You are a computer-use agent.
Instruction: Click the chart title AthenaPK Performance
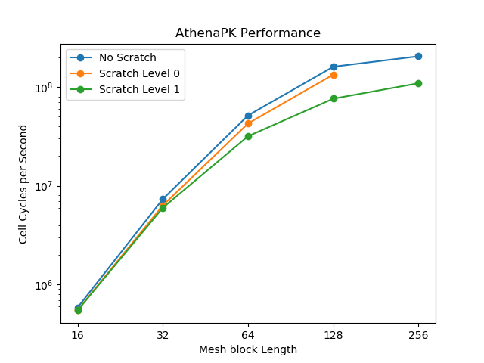pyautogui.click(x=248, y=33)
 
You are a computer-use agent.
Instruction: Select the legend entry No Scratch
pyautogui.click(x=127, y=58)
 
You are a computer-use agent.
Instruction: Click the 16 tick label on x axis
pyautogui.click(x=77, y=335)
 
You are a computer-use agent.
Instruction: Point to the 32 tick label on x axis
pyautogui.click(x=163, y=335)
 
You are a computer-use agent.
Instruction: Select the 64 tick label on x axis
pyautogui.click(x=248, y=335)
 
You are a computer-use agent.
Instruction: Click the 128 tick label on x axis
pyautogui.click(x=334, y=335)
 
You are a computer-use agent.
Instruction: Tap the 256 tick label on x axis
pyautogui.click(x=418, y=335)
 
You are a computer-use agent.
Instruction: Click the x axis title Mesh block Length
pyautogui.click(x=248, y=349)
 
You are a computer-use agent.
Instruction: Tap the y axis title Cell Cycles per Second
pyautogui.click(x=23, y=187)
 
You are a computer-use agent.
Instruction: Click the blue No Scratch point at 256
pyautogui.click(x=418, y=57)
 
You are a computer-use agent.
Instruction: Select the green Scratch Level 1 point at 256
pyautogui.click(x=418, y=83)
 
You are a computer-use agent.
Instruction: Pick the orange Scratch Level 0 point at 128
pyautogui.click(x=334, y=75)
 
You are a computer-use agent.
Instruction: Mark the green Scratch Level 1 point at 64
pyautogui.click(x=248, y=136)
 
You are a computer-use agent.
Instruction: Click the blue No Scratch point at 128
pyautogui.click(x=334, y=67)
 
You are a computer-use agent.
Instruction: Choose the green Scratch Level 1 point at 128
pyautogui.click(x=334, y=98)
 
